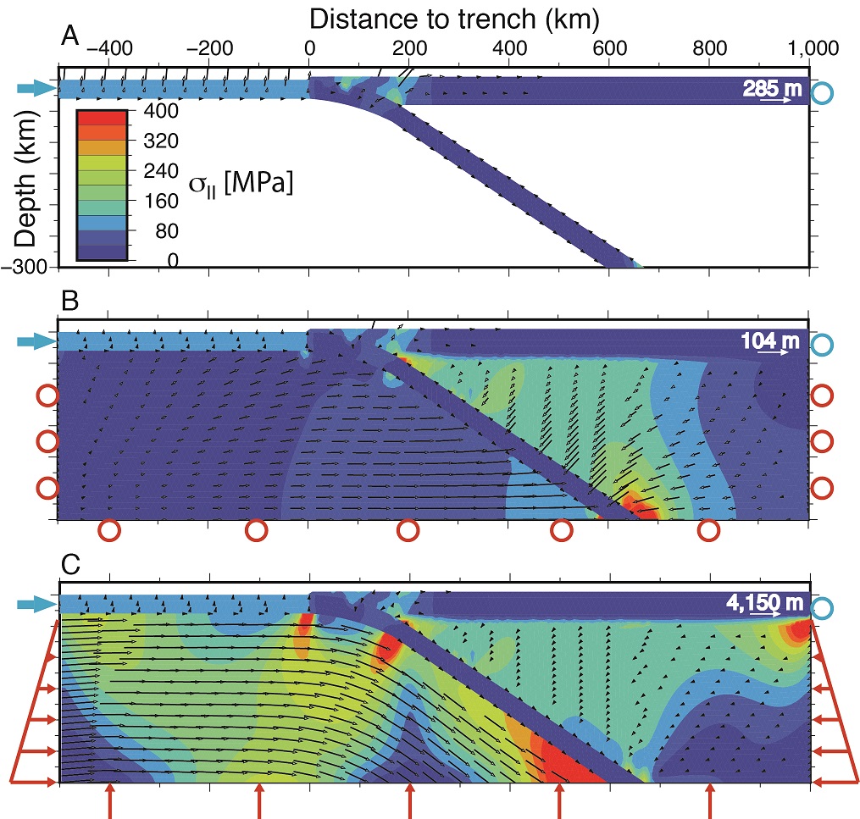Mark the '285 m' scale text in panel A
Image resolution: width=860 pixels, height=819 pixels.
point(771,87)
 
